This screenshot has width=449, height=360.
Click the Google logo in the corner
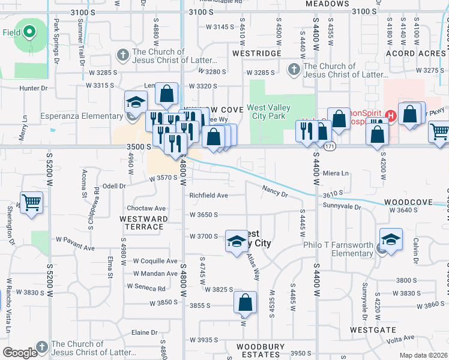tap(20, 353)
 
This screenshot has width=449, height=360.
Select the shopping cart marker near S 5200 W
tap(32, 202)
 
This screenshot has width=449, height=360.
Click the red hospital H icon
tap(391, 115)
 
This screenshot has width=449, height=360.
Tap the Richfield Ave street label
tap(209, 196)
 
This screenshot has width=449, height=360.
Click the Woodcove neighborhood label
tap(408, 203)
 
